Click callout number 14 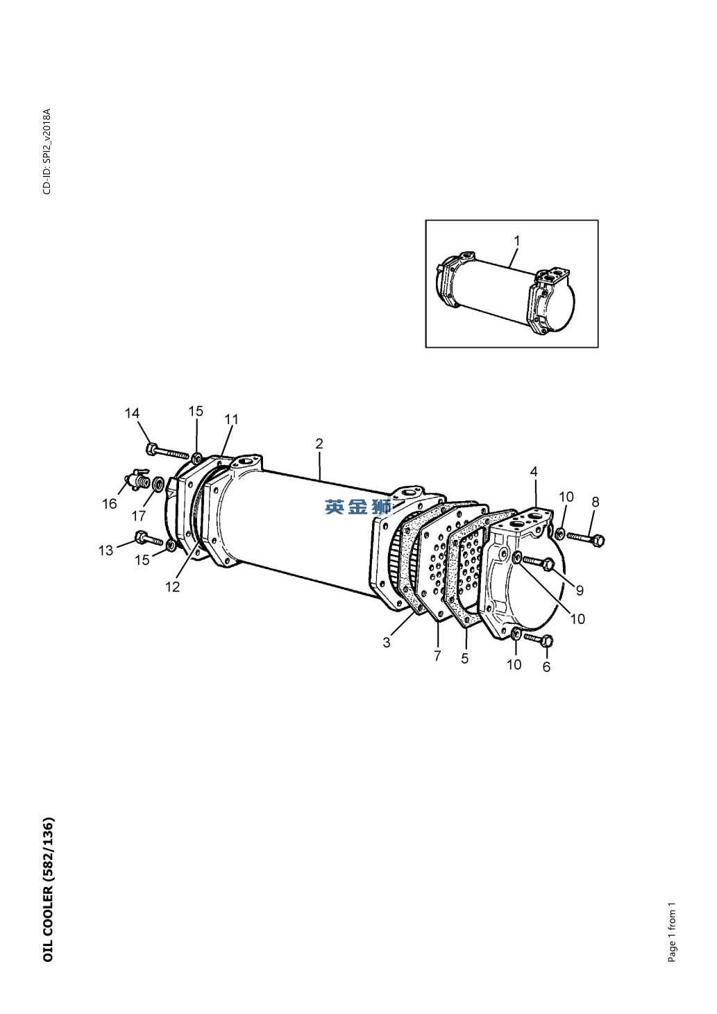132,413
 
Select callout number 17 139,516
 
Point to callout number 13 106,550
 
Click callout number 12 172,586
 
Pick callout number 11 231,419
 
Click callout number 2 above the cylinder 319,443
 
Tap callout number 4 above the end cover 534,472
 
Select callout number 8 596,502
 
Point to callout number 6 546,666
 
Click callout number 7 437,655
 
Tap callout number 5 465,658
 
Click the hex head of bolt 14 152,449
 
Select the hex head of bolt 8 598,540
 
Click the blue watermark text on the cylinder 358,507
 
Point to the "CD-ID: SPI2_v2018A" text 47,151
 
